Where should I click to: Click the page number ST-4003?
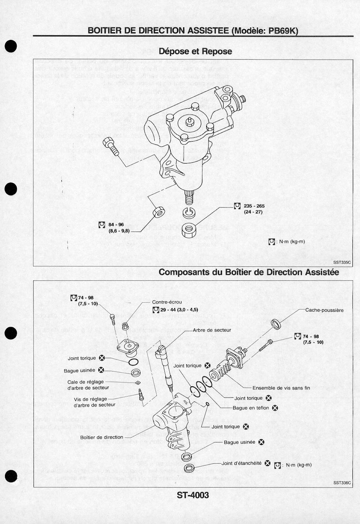point(193,495)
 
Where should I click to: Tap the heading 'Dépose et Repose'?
point(195,51)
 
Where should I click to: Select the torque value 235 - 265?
point(254,206)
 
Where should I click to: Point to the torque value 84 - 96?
point(116,225)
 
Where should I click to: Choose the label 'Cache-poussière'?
point(324,310)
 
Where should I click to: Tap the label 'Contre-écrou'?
point(167,302)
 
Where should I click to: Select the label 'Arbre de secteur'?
point(212,330)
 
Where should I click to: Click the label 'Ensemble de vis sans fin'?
point(281,388)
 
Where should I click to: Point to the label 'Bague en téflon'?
point(251,408)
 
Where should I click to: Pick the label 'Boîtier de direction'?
point(102,437)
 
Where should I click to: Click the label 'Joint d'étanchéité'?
point(242,463)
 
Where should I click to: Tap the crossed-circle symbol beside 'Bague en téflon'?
point(275,408)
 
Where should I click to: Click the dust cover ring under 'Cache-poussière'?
point(276,324)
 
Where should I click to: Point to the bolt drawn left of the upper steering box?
point(110,146)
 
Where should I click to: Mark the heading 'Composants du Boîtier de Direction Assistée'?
point(249,272)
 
